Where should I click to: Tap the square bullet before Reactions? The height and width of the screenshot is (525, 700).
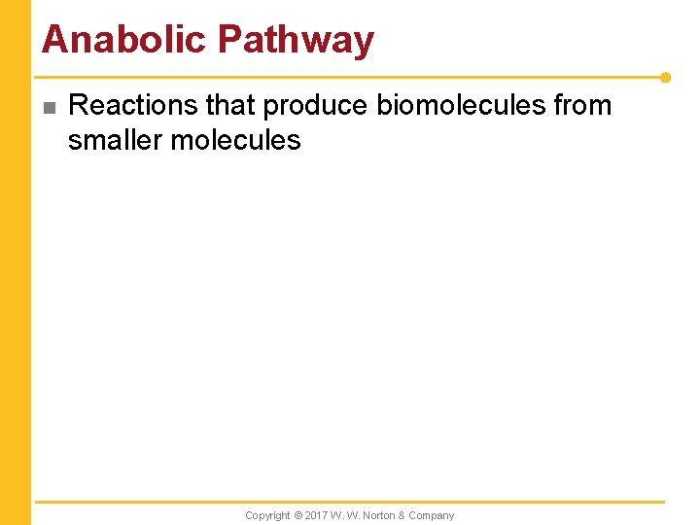point(50,107)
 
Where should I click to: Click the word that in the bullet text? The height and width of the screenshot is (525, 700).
point(230,105)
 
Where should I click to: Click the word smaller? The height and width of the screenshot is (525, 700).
point(116,140)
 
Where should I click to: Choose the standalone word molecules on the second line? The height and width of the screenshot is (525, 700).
point(235,140)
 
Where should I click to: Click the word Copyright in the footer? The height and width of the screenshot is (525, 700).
point(267,515)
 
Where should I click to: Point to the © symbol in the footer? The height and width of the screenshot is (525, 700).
point(297,515)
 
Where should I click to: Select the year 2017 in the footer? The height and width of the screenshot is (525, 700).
point(316,515)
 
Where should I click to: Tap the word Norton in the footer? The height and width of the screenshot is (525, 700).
point(380,515)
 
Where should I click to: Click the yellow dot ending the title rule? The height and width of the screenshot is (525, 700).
point(665,77)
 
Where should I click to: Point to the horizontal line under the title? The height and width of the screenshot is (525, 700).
point(350,77)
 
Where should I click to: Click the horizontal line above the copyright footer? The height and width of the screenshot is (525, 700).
point(350,503)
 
